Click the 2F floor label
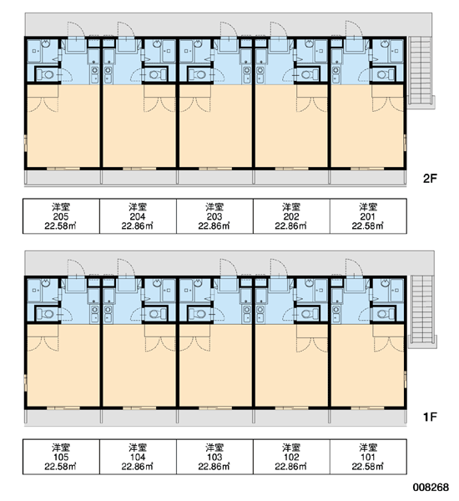coord(430,179)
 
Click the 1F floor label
coord(430,417)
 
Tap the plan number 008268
coord(431,488)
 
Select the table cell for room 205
coord(61,216)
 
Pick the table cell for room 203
coord(214,216)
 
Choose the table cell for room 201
coord(368,216)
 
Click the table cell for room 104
coord(138,457)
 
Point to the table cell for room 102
coord(291,457)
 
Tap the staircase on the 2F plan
coord(421,71)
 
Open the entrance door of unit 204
coord(127,29)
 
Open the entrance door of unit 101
coord(354,267)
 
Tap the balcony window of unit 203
coord(215,168)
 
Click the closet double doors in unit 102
coord(312,344)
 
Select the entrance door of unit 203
coord(229,29)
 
